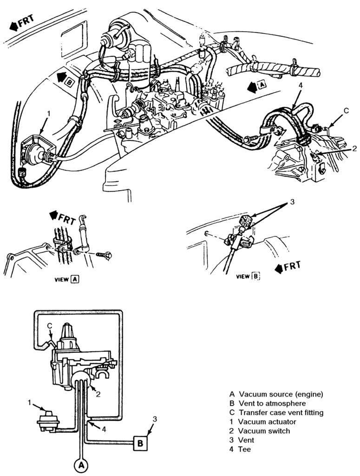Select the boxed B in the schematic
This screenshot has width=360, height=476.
click(x=140, y=443)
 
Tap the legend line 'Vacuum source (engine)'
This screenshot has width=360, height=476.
click(x=281, y=394)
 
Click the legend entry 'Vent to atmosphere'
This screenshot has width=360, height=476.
click(x=272, y=403)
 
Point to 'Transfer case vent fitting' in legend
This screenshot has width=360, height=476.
click(x=281, y=413)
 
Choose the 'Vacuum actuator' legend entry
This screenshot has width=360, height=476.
click(x=267, y=422)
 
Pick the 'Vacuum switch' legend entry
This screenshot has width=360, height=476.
click(x=264, y=431)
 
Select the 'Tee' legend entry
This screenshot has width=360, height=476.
click(x=244, y=449)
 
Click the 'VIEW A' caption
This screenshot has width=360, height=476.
click(x=67, y=279)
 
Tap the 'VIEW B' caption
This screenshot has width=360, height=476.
click(x=248, y=276)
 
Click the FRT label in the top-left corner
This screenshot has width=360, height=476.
click(x=22, y=22)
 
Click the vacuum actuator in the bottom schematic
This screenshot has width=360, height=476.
click(x=48, y=420)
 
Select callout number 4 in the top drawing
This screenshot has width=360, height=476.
click(x=300, y=86)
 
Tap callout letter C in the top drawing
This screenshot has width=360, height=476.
click(x=347, y=111)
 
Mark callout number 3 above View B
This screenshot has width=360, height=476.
click(x=292, y=202)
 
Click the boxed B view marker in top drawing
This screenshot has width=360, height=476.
click(x=69, y=82)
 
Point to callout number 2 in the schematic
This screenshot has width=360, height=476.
click(x=98, y=394)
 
